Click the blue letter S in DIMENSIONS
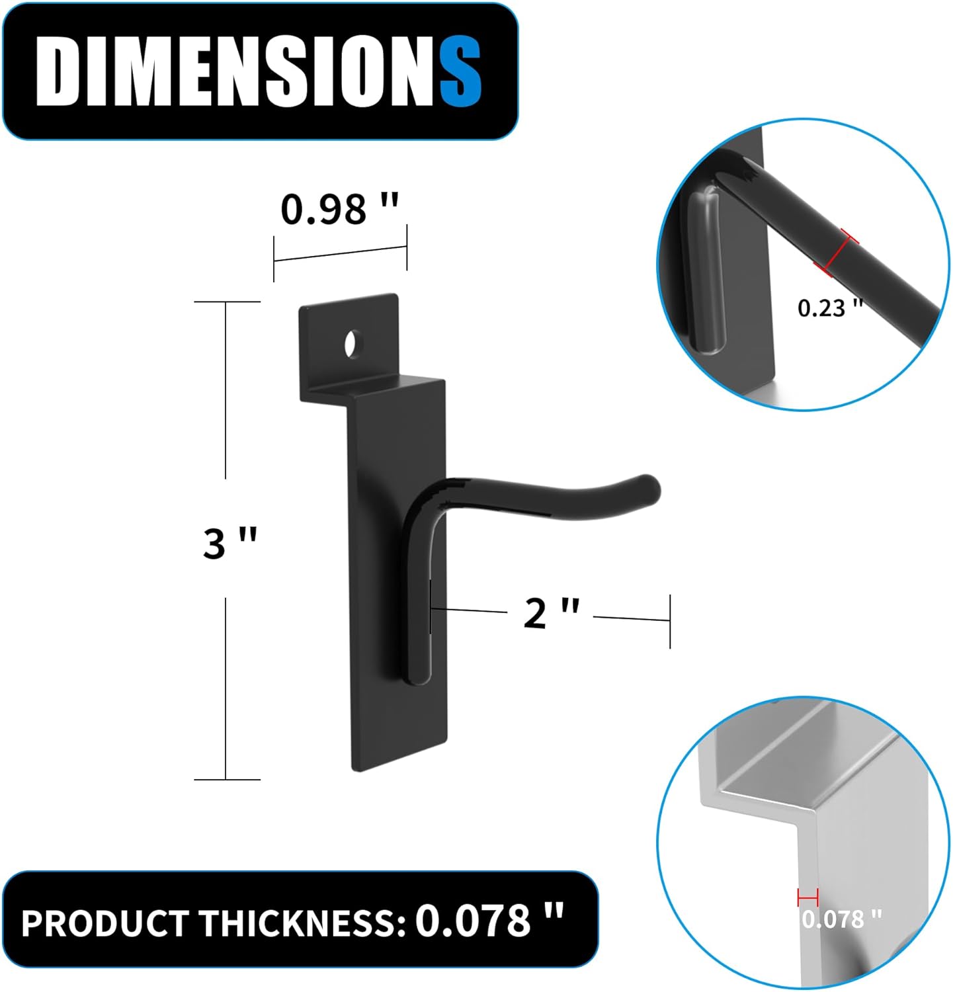pyautogui.click(x=460, y=71)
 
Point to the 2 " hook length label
pyautogui.click(x=551, y=613)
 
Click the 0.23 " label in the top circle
pyautogui.click(x=830, y=308)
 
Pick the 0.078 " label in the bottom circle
pyautogui.click(x=842, y=919)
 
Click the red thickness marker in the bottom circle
pyautogui.click(x=808, y=897)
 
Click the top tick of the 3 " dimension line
pyautogui.click(x=227, y=302)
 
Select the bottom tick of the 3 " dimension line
pyautogui.click(x=227, y=779)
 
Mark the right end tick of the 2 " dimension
pyautogui.click(x=670, y=621)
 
